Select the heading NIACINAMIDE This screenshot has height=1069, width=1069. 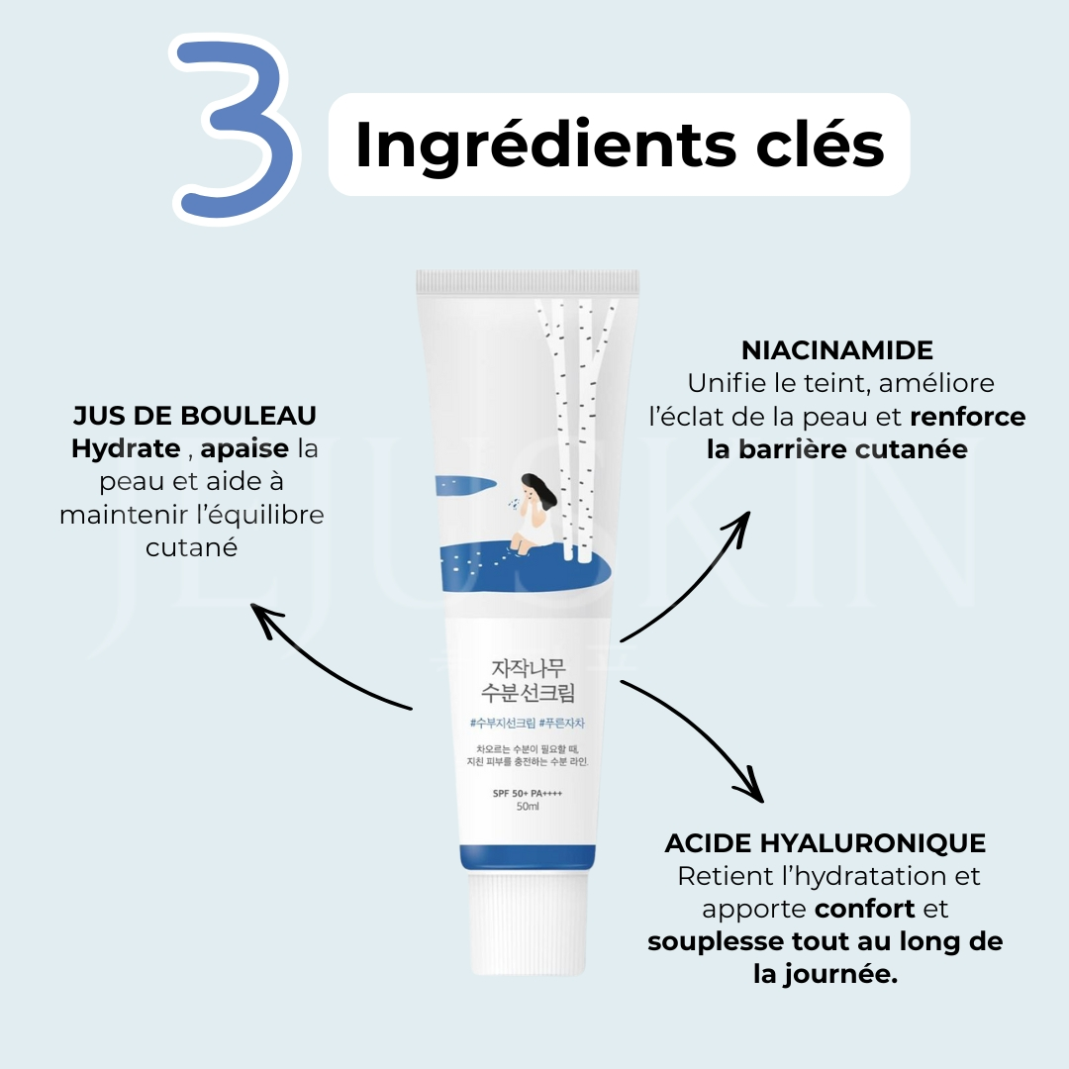pos(836,349)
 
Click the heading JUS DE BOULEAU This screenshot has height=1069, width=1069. pos(195,415)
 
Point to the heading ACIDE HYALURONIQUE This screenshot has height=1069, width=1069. pos(826,843)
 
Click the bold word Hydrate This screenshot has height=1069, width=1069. pos(126,448)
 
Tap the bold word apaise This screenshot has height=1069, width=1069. pos(244,449)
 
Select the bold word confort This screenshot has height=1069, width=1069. pos(865,909)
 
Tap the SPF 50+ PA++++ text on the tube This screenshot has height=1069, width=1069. pos(528,793)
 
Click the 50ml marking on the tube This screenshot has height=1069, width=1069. pos(528,808)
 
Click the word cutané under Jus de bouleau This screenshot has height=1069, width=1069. pos(192,547)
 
